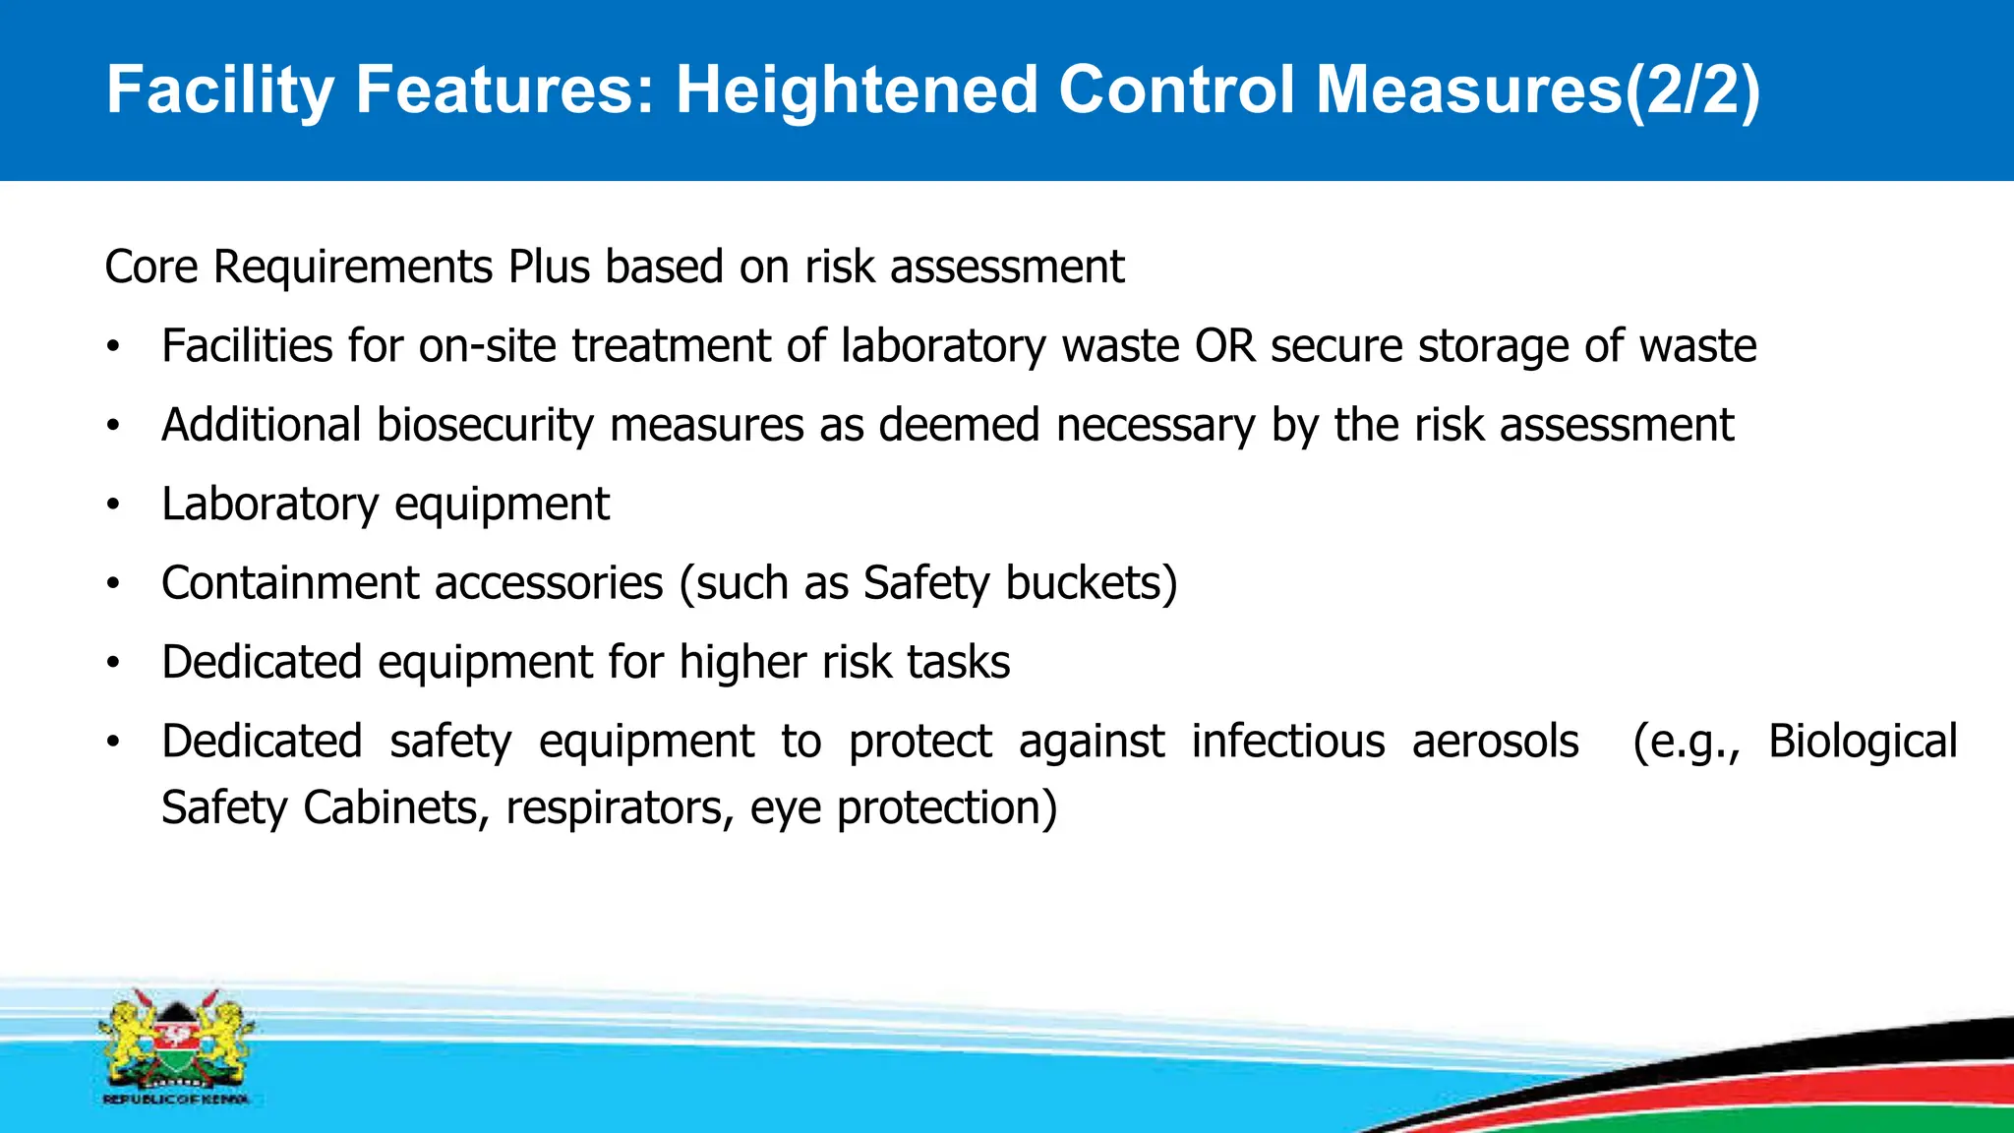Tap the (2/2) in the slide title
[x=1690, y=90]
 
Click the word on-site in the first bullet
[x=489, y=346]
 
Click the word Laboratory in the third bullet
[x=269, y=505]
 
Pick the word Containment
[x=291, y=583]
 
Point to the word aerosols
[x=1495, y=742]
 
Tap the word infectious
[x=1288, y=742]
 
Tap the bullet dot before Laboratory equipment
[x=114, y=505]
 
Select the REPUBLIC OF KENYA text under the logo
[x=176, y=1100]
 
